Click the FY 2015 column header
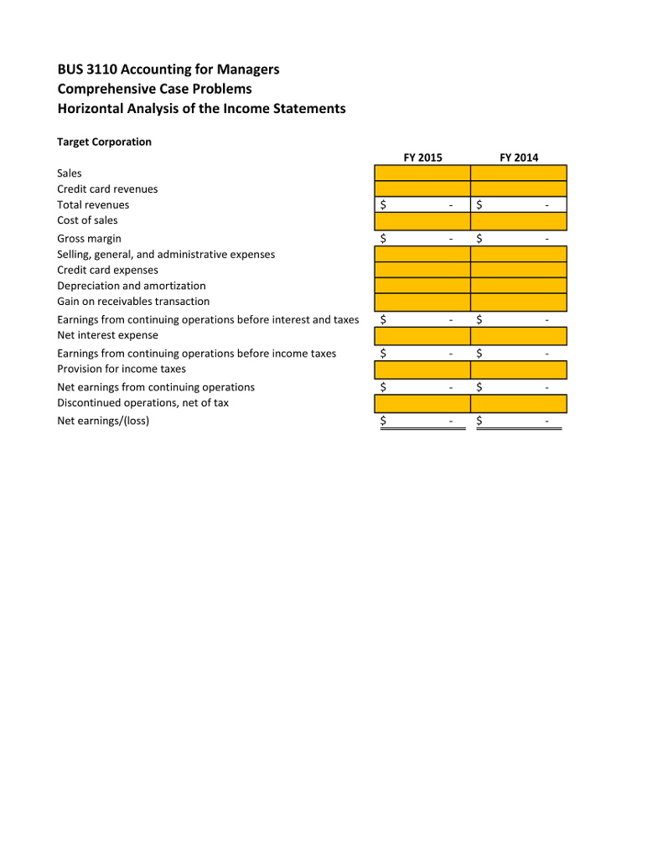422,158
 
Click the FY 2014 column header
519,158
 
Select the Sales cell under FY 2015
422,173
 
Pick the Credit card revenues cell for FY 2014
519,189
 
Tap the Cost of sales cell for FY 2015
422,221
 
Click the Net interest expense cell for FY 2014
519,336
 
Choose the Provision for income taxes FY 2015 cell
422,370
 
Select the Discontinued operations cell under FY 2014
519,404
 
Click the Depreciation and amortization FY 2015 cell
422,287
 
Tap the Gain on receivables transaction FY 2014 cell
519,302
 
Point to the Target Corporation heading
104,142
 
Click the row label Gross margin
89,239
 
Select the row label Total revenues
93,204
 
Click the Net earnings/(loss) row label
103,421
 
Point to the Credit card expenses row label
107,270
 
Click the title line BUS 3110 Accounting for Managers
168,69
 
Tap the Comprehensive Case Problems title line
154,89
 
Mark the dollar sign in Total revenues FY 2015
384,204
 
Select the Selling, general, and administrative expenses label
165,254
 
